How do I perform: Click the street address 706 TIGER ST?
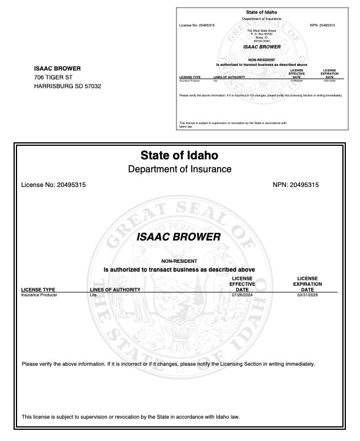click(54, 77)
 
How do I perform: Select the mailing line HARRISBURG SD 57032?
click(68, 86)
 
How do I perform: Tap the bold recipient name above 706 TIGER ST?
click(57, 68)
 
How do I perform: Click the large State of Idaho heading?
click(179, 156)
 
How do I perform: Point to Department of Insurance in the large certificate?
click(179, 169)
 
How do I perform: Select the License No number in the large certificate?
click(71, 185)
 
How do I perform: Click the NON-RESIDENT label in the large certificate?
click(179, 261)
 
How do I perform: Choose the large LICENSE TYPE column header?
click(38, 289)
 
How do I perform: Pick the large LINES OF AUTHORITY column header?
click(115, 289)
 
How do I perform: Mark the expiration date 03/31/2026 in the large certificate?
click(307, 295)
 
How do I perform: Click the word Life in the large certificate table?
click(92, 295)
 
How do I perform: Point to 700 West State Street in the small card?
click(262, 30)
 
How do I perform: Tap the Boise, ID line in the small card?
click(262, 36)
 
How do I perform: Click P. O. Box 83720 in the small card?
click(262, 34)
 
